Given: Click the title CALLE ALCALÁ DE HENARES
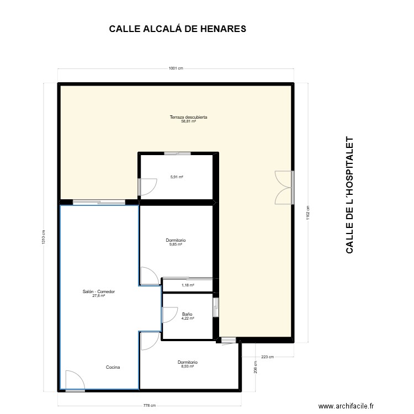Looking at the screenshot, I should [x=177, y=29].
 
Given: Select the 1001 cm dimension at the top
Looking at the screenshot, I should [x=176, y=68].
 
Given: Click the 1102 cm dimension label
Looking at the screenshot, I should [x=308, y=213].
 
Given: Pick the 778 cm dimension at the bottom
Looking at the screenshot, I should [x=148, y=406].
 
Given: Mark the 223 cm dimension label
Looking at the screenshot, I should [x=267, y=357].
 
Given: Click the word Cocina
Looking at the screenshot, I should [x=113, y=367].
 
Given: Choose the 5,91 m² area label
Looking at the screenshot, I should [x=177, y=177].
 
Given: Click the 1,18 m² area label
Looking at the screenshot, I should [x=188, y=285].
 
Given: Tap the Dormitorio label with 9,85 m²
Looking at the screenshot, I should [x=176, y=242].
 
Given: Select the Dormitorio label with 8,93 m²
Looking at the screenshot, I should [x=187, y=364].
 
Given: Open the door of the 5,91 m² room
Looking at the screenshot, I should [x=147, y=188].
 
